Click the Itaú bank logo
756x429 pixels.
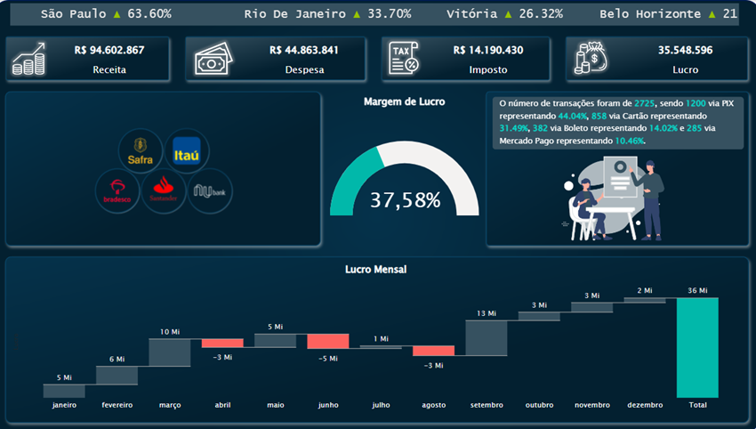(191, 150)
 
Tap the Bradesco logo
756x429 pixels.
(117, 189)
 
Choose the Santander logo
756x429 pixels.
(162, 189)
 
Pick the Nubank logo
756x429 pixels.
(209, 190)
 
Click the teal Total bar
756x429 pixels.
(696, 347)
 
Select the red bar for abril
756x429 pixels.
(221, 343)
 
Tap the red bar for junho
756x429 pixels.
(327, 341)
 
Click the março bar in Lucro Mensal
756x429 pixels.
(169, 352)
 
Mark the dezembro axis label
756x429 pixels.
(645, 405)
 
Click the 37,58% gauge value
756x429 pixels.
(405, 200)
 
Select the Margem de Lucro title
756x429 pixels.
(405, 101)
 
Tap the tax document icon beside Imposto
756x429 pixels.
(406, 59)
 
